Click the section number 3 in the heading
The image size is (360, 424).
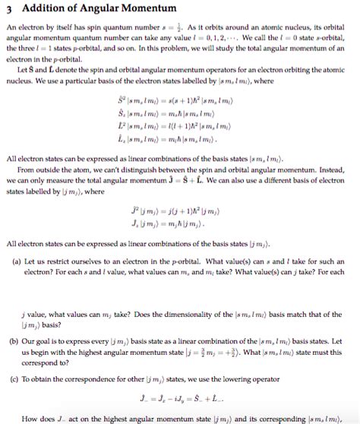(8, 8)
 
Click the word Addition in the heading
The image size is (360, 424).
(39, 8)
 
